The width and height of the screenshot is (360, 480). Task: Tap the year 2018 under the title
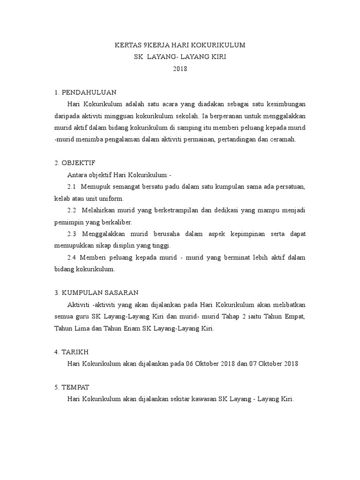tap(180, 69)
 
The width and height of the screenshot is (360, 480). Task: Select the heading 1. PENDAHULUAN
tap(85, 92)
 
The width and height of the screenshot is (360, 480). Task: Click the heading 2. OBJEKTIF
tap(75, 163)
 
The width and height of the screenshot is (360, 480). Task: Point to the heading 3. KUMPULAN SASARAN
tap(97, 292)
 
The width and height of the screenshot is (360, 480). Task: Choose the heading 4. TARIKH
tap(72, 352)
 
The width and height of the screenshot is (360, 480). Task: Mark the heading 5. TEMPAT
tap(72, 387)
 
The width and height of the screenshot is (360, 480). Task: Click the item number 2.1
tap(72, 187)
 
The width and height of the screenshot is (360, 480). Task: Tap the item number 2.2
tap(72, 210)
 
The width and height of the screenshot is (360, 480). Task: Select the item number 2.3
tap(72, 233)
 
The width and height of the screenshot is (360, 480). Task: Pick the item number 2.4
tap(72, 257)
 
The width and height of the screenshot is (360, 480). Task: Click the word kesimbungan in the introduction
tap(285, 104)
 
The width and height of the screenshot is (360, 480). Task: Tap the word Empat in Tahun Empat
tap(296, 316)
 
